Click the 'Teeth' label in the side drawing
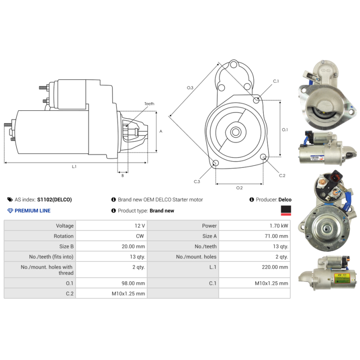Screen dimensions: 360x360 pyautogui.click(x=149, y=104)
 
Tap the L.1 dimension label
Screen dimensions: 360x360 pyautogui.click(x=74, y=166)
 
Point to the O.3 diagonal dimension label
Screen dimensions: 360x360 pyautogui.click(x=190, y=88)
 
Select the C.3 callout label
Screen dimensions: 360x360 pyautogui.click(x=197, y=181)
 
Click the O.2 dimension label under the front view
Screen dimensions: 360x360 pyautogui.click(x=239, y=188)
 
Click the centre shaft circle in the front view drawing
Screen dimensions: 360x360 pyautogui.click(x=236, y=132)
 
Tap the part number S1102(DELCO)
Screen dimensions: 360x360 pyautogui.click(x=54, y=200)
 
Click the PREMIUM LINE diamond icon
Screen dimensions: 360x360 pyautogui.click(x=10, y=211)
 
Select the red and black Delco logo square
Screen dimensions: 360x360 pyautogui.click(x=285, y=211)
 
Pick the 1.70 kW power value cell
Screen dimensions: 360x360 pyautogui.click(x=279, y=226)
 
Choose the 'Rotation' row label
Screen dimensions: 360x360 pyautogui.click(x=63, y=236)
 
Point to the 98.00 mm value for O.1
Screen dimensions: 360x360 pyautogui.click(x=135, y=283)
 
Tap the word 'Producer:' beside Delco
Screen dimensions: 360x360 pyautogui.click(x=266, y=200)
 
